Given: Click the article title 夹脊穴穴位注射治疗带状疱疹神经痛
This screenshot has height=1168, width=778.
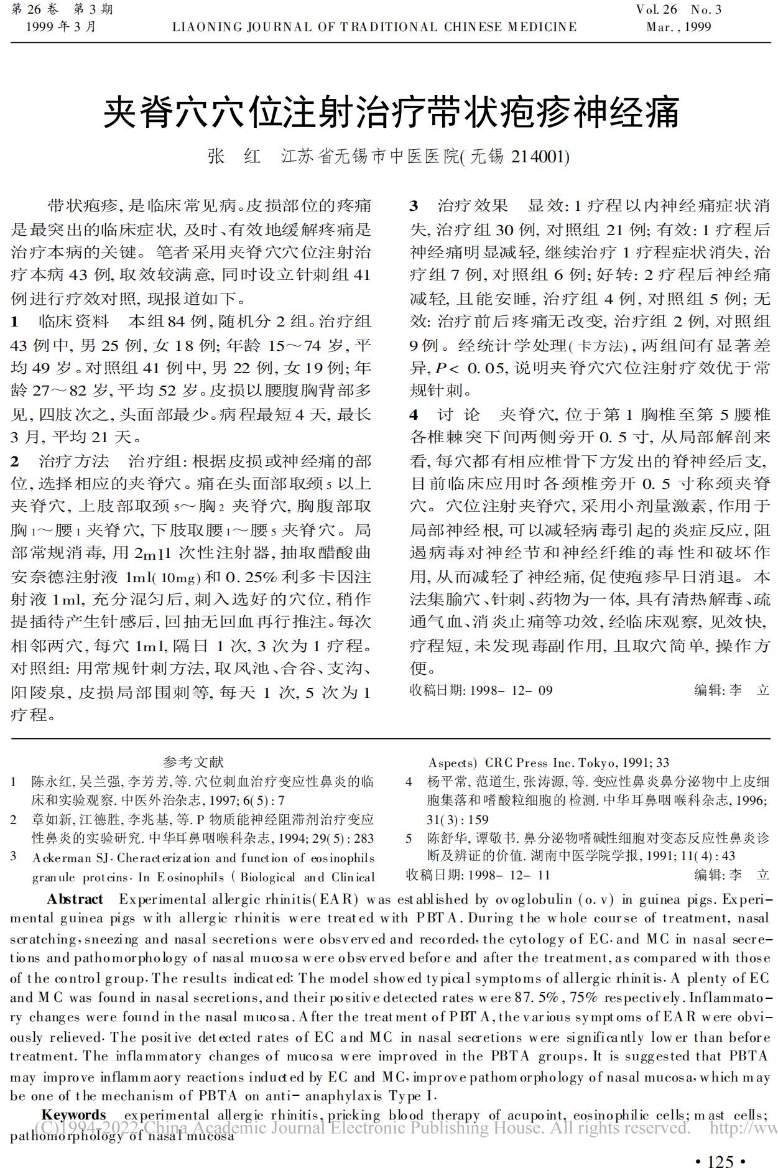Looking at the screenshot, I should point(391,112).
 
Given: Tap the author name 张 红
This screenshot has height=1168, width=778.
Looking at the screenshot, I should point(234,156).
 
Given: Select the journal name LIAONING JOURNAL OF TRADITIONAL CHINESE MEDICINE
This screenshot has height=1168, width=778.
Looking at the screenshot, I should point(374,27).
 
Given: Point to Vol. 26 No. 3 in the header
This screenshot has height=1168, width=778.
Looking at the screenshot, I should point(678,10).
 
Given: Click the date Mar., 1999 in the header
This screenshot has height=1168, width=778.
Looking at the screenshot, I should point(678,27).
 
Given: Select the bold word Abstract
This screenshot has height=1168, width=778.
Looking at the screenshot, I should point(75,899).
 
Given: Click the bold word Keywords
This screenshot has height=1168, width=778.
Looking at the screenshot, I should point(73,1115).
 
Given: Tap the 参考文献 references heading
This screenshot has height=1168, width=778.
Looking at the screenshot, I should point(193,762).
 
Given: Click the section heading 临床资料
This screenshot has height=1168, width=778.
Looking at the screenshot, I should point(73,322).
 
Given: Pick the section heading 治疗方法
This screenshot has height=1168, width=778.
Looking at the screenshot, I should point(73,461).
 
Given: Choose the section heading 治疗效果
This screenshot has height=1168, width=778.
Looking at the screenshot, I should point(473,206).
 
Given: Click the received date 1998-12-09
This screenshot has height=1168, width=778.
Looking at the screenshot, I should point(511,690).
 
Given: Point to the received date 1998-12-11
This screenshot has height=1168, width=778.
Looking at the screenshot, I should point(509,875).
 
